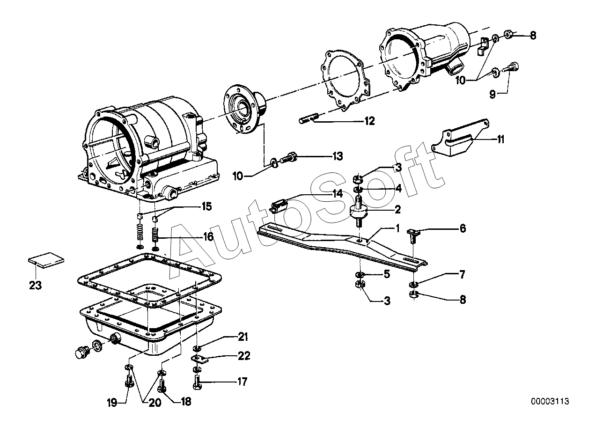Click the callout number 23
click(35, 286)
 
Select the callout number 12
click(369, 121)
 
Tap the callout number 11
click(500, 140)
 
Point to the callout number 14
click(338, 193)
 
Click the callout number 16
click(207, 237)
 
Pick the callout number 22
click(244, 356)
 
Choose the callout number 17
click(242, 382)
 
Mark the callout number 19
click(112, 403)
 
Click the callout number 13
click(338, 156)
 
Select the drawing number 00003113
click(550, 401)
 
